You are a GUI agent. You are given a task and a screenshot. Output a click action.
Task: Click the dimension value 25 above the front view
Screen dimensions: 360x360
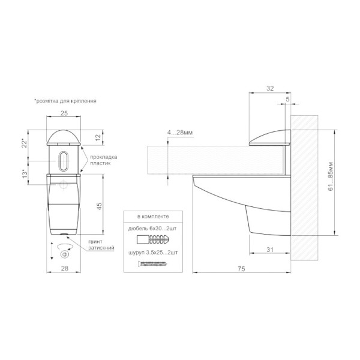pyautogui.click(x=64, y=113)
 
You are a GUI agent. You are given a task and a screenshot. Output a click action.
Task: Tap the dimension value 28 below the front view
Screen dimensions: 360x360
pyautogui.click(x=65, y=268)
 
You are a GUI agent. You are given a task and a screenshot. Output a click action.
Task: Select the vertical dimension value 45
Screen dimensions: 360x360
pyautogui.click(x=100, y=206)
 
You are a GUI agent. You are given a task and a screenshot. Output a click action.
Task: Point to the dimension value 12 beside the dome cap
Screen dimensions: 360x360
pyautogui.click(x=98, y=137)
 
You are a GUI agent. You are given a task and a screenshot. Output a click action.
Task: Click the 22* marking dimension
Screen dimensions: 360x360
pyautogui.click(x=25, y=143)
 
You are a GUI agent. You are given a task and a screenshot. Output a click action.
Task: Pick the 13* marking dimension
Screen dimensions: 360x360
pyautogui.click(x=25, y=174)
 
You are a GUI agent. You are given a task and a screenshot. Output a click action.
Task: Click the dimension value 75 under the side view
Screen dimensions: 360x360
pyautogui.click(x=241, y=269)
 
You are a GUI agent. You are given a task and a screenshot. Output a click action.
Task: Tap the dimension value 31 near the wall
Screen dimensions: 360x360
pyautogui.click(x=270, y=250)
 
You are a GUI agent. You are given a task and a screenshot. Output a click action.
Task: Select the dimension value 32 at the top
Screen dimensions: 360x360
pyautogui.click(x=270, y=88)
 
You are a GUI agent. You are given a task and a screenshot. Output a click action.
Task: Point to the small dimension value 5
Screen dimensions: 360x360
pyautogui.click(x=287, y=100)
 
